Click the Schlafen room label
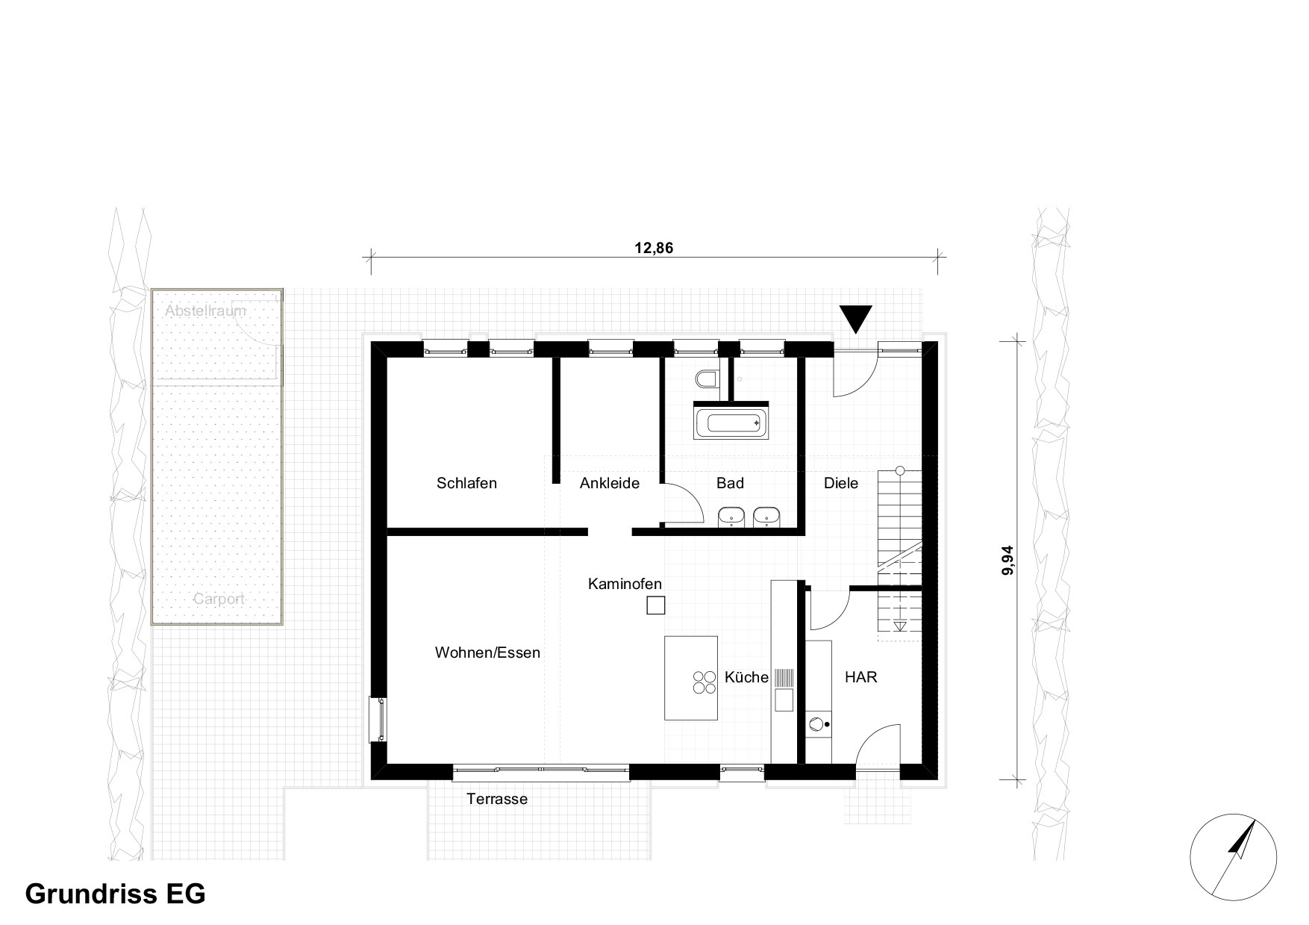[x=466, y=483]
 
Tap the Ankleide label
[x=610, y=483]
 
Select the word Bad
[x=730, y=483]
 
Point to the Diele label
[x=841, y=483]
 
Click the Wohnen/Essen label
[x=487, y=653]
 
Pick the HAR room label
[x=860, y=677]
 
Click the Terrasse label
[x=497, y=799]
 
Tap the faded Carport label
[x=219, y=599]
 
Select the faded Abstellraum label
[x=205, y=311]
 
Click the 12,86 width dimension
[x=654, y=249]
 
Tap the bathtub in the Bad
[x=731, y=423]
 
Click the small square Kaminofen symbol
[x=655, y=605]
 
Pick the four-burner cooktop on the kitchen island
[x=703, y=682]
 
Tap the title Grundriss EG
[x=116, y=894]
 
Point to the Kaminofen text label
[x=625, y=584]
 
